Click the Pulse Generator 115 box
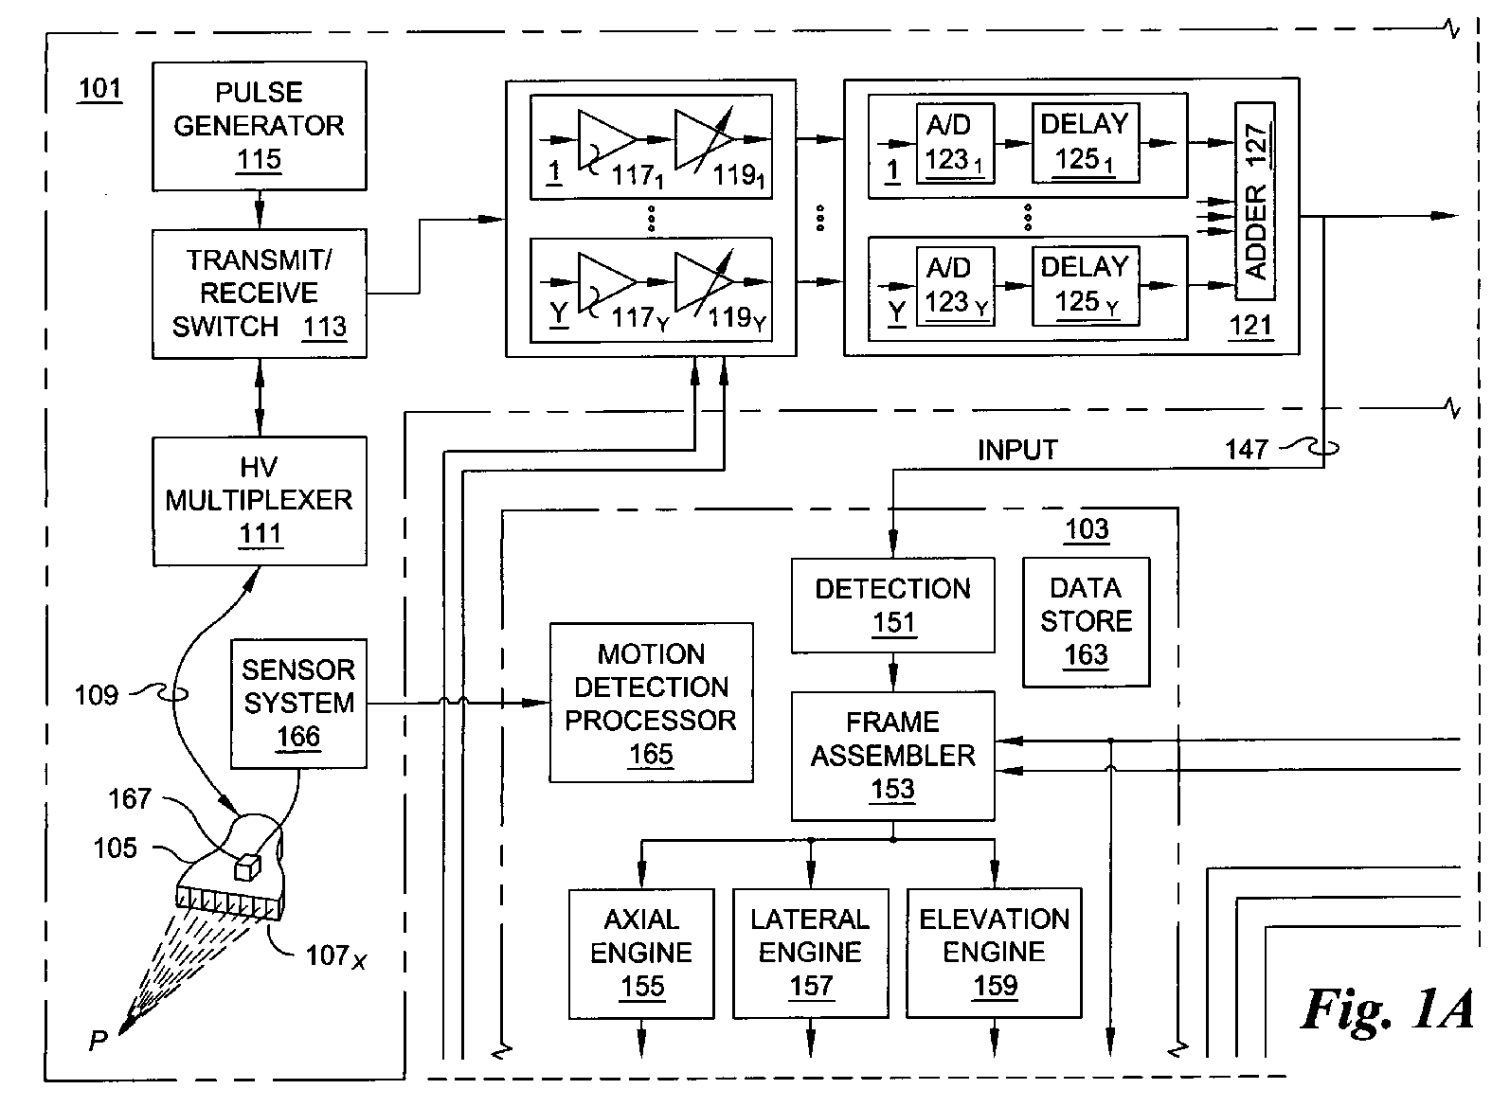[x=260, y=125]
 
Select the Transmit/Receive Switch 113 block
[x=260, y=294]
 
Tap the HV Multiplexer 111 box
[x=260, y=500]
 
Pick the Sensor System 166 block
[x=298, y=703]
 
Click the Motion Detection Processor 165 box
[x=651, y=703]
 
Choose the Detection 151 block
[x=892, y=604]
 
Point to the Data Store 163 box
[x=1086, y=621]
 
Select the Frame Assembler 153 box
[x=892, y=755]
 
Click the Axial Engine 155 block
[x=641, y=953]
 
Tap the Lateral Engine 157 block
[x=810, y=953]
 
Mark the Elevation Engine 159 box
[x=994, y=953]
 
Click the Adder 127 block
[x=1255, y=201]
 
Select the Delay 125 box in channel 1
[x=1085, y=143]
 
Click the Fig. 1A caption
[x=1387, y=1009]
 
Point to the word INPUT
[x=1017, y=450]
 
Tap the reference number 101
[x=99, y=89]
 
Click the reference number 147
[x=1247, y=449]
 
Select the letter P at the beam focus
[x=98, y=1042]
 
